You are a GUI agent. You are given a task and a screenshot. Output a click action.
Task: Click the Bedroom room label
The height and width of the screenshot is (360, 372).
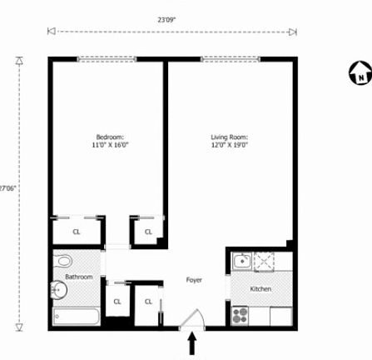[110, 137]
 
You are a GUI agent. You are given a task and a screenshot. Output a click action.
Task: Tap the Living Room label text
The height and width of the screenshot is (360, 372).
[230, 137]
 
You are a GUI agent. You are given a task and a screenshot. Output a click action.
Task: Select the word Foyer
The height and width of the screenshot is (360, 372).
[194, 280]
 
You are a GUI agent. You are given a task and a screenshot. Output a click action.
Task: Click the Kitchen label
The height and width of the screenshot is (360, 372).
[260, 289]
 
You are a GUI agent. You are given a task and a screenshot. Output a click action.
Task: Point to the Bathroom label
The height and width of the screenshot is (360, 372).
[79, 277]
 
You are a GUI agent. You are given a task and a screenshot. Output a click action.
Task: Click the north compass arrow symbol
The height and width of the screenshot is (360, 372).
[360, 72]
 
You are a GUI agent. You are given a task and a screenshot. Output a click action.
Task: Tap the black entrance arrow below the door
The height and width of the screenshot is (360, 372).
[192, 343]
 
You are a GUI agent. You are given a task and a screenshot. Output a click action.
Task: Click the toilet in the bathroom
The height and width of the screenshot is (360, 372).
[63, 261]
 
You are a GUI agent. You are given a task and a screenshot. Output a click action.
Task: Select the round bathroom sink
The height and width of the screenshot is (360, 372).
[59, 290]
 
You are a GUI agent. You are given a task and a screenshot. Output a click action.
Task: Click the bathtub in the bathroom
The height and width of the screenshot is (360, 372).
[76, 316]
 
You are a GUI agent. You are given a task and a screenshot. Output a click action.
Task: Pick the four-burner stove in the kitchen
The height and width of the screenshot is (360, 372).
[240, 316]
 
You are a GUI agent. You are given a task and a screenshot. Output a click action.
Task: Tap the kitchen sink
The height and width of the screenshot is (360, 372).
[242, 261]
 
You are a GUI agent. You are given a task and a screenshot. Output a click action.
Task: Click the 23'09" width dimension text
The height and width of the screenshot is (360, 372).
[166, 20]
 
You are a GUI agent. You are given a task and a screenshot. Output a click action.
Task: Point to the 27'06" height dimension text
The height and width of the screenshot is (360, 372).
[7, 188]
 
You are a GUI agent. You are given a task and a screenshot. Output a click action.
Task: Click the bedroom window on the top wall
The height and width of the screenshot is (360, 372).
[107, 59]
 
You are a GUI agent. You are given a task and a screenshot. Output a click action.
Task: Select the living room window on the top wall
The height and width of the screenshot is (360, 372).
[230, 59]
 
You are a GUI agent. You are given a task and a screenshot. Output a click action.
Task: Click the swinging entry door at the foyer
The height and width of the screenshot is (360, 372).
[193, 319]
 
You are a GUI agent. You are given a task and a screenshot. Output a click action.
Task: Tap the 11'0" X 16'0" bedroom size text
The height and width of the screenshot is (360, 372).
[110, 145]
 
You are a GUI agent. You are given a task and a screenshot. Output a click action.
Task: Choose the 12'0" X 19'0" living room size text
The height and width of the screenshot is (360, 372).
[230, 145]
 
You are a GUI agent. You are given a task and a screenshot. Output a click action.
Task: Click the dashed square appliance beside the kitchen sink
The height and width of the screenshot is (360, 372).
[264, 262]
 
